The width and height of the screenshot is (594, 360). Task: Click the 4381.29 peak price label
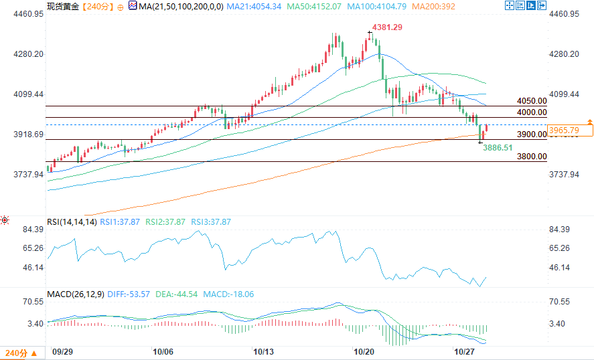tap(388, 27)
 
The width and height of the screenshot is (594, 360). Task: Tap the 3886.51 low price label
tap(498, 147)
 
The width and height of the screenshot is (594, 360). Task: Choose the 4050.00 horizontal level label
tap(532, 100)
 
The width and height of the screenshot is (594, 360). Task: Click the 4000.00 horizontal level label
tap(532, 112)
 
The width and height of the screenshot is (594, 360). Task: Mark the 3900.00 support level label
tap(532, 134)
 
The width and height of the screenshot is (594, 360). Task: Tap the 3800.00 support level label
tap(532, 156)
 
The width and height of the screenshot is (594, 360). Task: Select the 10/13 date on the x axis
tap(263, 351)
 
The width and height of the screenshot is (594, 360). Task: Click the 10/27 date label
tap(463, 351)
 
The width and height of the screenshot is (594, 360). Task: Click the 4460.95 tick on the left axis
tap(24, 14)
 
